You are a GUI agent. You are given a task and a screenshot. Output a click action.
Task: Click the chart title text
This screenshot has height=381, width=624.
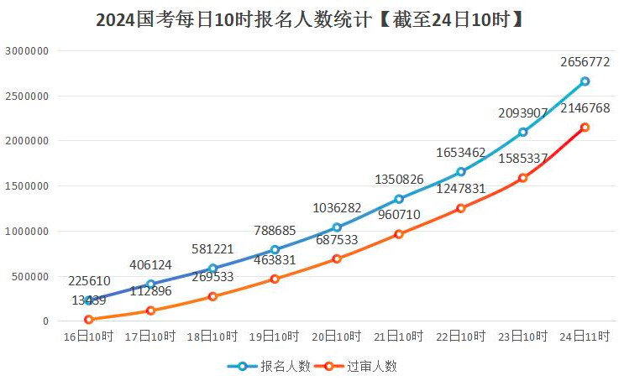pos(311,19)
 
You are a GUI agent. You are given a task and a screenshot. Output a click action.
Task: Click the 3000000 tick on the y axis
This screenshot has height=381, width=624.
pos(28,51)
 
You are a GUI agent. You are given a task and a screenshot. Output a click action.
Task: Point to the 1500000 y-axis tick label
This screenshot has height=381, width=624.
pos(28,186)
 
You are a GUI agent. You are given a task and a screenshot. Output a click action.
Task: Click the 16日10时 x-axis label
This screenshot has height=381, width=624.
pos(88,336)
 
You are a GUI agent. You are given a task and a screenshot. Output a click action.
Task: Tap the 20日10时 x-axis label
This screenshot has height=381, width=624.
pos(337,336)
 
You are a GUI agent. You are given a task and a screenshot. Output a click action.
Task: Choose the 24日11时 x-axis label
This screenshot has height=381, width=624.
pos(585,336)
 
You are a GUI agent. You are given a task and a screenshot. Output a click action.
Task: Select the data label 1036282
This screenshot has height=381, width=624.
pos(338,207)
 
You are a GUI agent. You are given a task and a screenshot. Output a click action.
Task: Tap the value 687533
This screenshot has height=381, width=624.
pos(338,239)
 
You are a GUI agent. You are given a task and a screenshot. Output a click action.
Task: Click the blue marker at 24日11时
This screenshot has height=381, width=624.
pos(585,81)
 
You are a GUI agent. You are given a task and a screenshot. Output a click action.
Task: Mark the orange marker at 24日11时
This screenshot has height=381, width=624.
pos(585,128)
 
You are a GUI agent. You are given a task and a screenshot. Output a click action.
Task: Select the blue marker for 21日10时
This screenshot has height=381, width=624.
pos(399,199)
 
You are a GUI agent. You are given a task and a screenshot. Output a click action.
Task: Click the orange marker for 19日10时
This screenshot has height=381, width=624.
pos(275,279)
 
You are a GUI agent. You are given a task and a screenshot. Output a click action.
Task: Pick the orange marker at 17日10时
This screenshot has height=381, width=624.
pos(150,311)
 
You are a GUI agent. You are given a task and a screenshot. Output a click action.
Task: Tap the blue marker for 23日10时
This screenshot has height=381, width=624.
pos(522,132)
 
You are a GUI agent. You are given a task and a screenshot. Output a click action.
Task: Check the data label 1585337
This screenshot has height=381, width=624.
pos(523,158)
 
